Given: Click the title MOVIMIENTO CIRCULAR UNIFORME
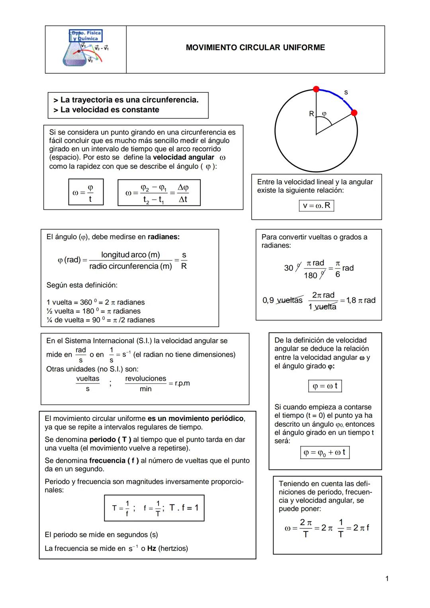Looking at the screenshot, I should click(x=255, y=48).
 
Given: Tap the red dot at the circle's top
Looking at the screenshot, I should click(x=316, y=89).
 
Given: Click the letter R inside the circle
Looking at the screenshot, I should click(x=311, y=114).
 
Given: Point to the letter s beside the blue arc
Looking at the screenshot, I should click(x=346, y=92).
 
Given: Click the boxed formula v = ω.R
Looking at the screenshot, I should click(x=316, y=205).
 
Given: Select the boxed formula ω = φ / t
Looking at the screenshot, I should click(x=86, y=192).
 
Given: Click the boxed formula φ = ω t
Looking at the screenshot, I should click(x=325, y=386).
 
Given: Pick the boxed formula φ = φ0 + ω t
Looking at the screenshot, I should click(x=324, y=453).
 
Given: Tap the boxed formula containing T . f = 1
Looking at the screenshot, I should click(x=154, y=508).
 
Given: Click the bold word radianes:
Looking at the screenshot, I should click(x=164, y=237).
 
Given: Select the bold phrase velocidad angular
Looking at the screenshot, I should click(x=183, y=157).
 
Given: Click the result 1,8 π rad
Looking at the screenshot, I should click(x=361, y=300).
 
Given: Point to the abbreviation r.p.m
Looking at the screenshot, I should click(x=182, y=383).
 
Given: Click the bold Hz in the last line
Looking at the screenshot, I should click(x=151, y=548).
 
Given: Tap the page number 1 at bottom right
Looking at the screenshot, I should click(x=387, y=579).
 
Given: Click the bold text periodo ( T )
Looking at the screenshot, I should click(x=110, y=440).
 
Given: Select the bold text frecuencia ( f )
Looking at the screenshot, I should click(x=114, y=461).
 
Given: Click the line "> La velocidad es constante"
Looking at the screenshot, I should click(x=106, y=110).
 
